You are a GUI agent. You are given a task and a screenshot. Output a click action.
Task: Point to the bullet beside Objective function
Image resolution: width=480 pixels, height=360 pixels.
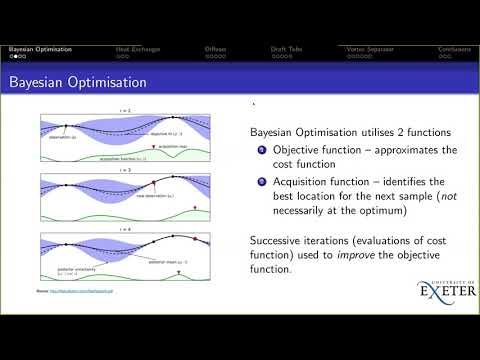262,150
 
